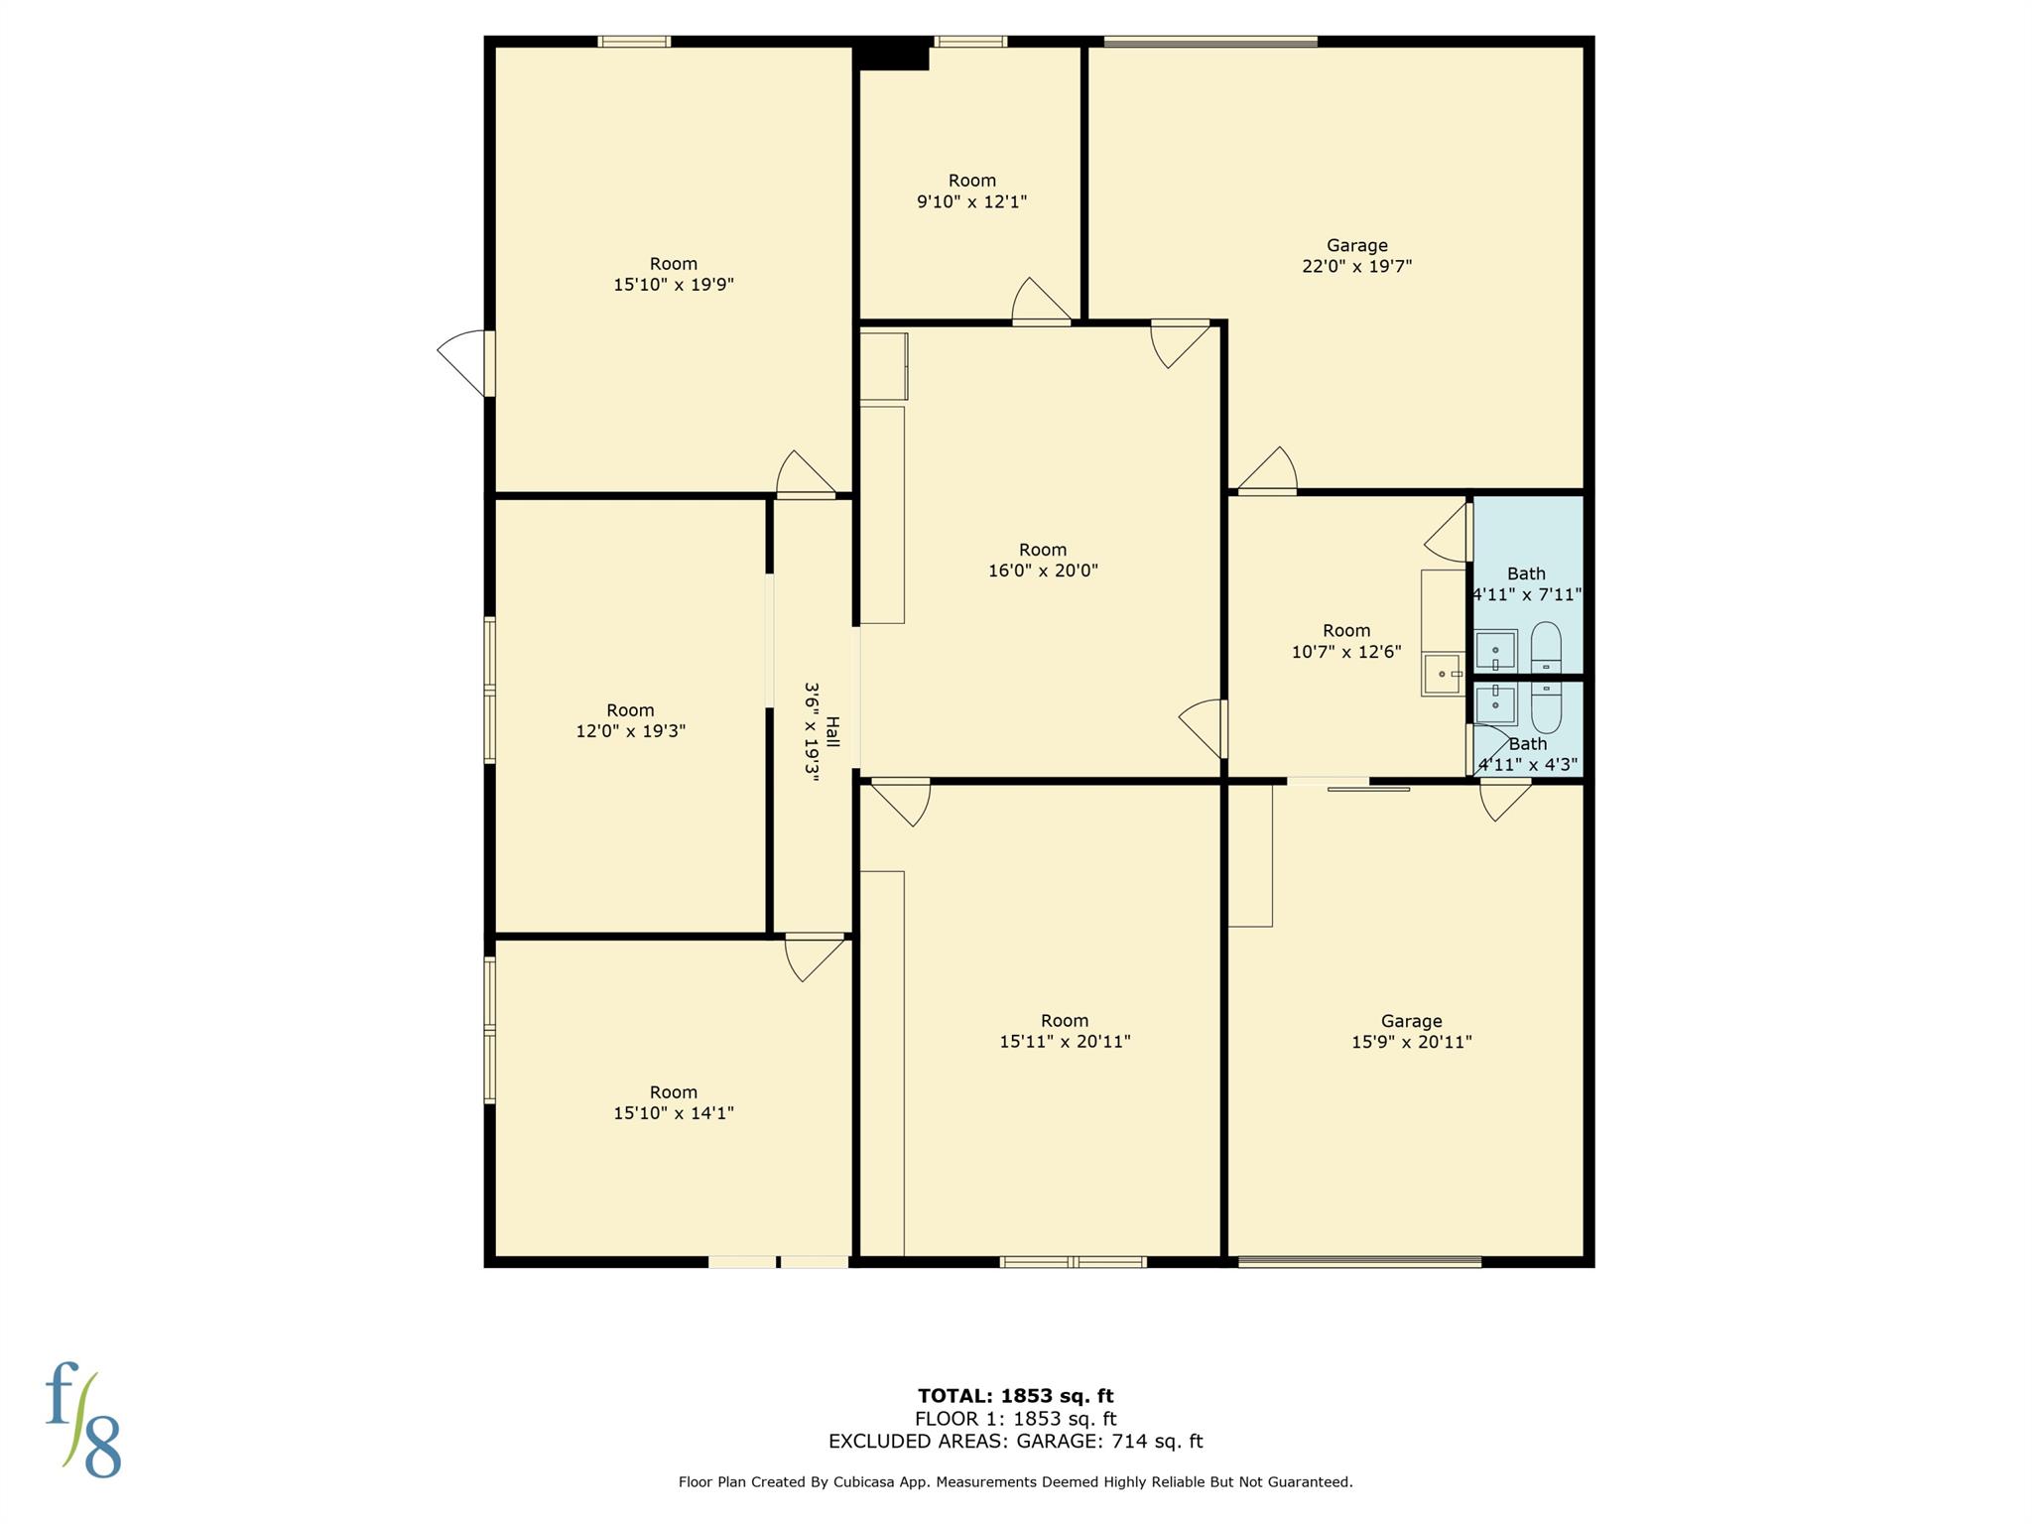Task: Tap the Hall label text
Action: pos(832,732)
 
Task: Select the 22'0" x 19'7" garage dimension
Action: pos(1356,266)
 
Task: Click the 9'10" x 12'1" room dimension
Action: pos(971,201)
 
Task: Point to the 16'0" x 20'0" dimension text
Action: pos(1043,571)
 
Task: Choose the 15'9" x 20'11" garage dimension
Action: pos(1411,1042)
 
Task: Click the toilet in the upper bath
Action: pos(1546,648)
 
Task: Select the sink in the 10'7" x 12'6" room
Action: pos(1443,675)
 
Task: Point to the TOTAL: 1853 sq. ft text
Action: pos(1015,1396)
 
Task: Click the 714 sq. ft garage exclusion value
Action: pos(1154,1441)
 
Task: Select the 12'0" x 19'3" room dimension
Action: pos(630,731)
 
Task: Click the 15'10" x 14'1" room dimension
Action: pos(674,1113)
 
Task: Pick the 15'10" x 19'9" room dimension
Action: pos(674,285)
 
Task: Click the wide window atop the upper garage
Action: pos(1210,42)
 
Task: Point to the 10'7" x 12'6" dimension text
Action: pos(1346,652)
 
